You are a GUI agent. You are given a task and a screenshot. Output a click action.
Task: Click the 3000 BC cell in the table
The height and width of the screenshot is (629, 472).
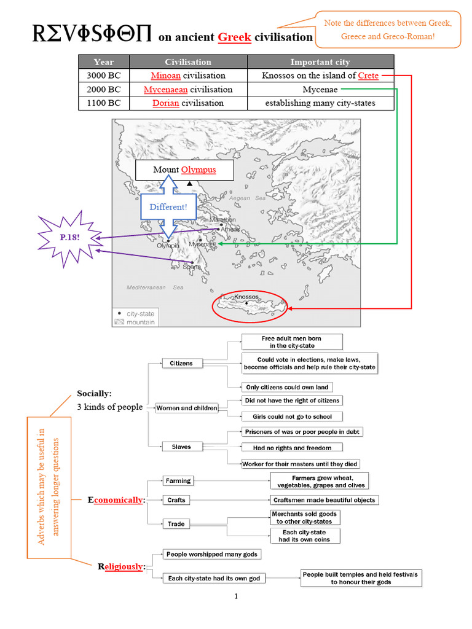pos(104,76)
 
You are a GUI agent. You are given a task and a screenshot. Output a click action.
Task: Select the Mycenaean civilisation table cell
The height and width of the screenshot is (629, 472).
pos(188,90)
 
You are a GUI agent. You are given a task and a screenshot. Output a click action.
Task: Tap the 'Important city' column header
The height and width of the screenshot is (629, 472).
pos(320,62)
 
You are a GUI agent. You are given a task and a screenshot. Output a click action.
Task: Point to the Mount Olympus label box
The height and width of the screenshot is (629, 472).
pos(184,170)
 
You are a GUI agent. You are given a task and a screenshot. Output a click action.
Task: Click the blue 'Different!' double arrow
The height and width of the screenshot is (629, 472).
pos(168,207)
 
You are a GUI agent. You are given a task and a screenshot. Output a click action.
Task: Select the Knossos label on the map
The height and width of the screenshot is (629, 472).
pos(246,297)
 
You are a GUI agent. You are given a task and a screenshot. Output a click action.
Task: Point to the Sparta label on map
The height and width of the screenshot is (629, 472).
pos(192,267)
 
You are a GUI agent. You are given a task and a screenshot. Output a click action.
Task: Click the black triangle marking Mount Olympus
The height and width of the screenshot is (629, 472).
pos(189,184)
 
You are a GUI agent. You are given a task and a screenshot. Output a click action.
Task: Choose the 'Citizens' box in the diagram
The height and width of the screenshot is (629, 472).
pos(181,363)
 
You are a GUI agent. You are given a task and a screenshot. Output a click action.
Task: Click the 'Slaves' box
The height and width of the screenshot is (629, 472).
pos(181,447)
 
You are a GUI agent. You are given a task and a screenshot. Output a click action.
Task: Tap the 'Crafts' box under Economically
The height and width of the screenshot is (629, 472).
pos(176,500)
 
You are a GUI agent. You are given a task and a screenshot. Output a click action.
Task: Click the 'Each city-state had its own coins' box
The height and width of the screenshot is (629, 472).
pos(305,536)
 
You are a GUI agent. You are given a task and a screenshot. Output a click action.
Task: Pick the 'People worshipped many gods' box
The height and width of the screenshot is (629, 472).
pos(211,554)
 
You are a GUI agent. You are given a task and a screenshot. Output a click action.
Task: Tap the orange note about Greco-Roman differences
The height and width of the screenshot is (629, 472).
pos(388,29)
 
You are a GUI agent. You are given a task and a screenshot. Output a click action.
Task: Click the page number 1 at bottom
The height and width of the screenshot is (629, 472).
pos(235,596)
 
